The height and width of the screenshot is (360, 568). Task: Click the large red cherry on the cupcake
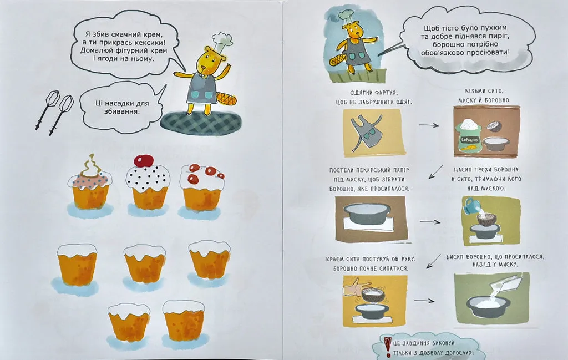144,160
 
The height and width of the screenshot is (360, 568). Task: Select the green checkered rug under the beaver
201,124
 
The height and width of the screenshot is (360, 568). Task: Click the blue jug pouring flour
470,205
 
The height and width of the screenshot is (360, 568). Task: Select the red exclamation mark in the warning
387,347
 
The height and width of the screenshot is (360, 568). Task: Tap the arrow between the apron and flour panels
429,125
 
